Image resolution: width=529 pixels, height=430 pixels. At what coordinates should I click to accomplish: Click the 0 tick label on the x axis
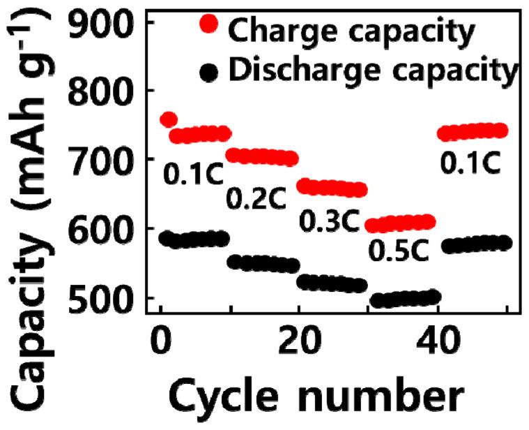[160, 344]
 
